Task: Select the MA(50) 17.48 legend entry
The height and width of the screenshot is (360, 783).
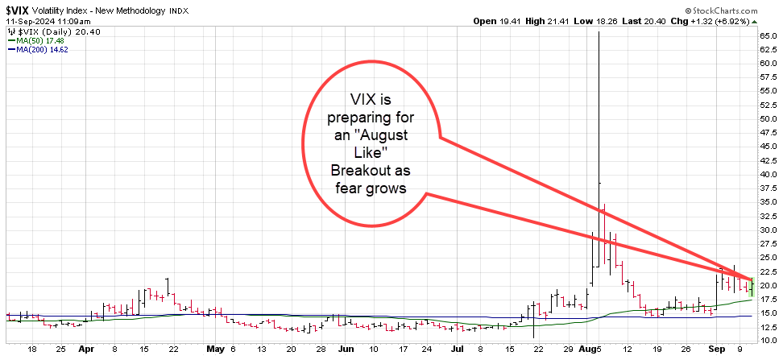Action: click(32, 38)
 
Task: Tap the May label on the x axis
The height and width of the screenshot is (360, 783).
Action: click(213, 350)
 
